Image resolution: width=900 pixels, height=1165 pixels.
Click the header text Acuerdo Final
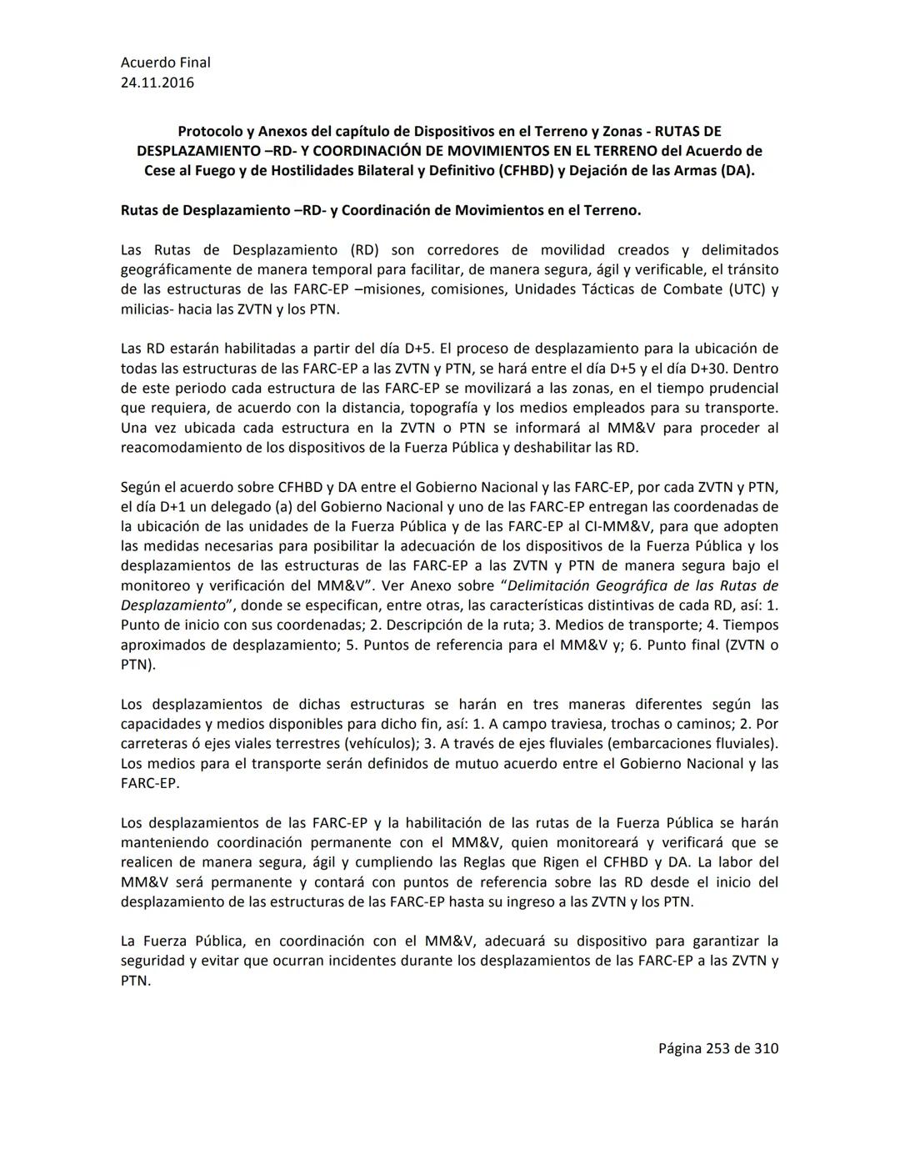[165, 63]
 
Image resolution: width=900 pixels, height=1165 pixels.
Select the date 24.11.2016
[157, 83]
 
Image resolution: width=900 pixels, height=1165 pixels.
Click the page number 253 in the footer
[718, 1048]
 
